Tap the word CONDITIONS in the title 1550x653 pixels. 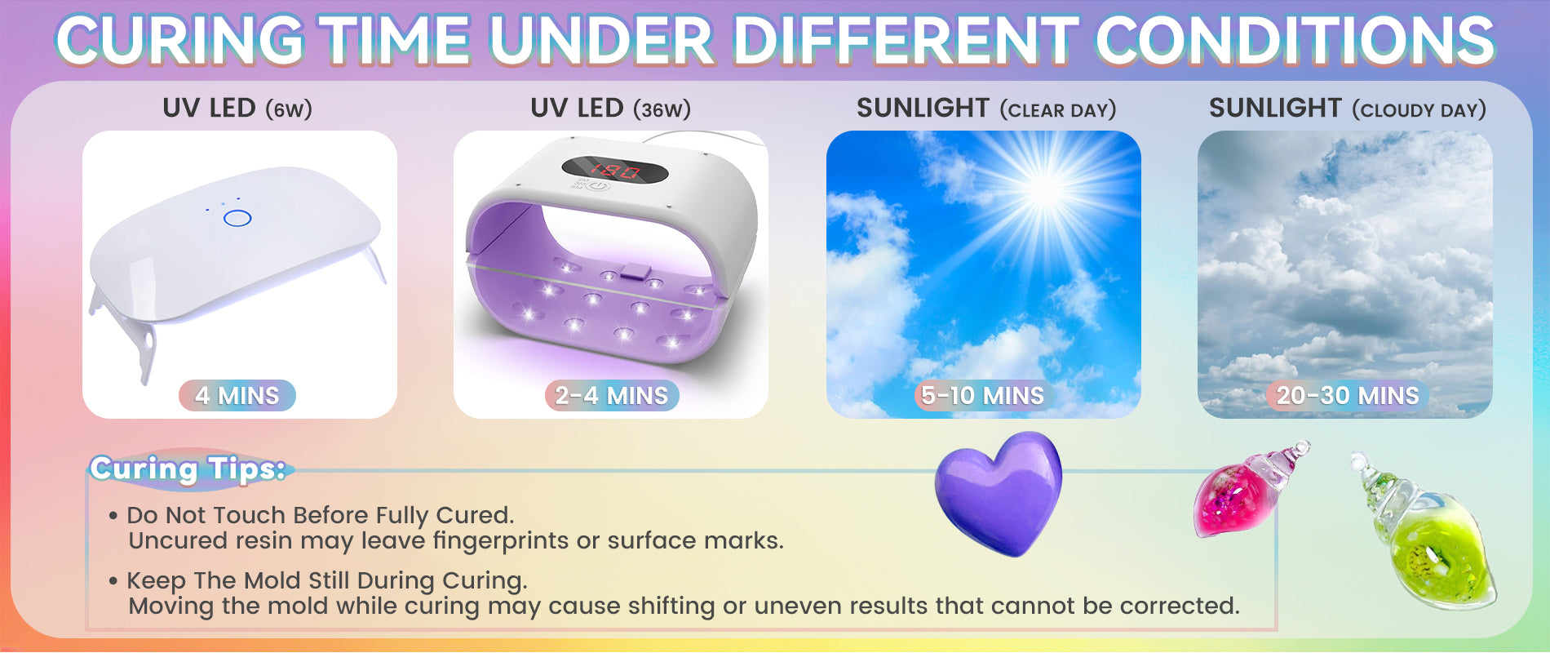click(1295, 41)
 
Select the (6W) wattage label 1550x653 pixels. click(288, 109)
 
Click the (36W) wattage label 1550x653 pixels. click(662, 109)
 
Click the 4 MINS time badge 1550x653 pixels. click(237, 396)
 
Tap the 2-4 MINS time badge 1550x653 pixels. click(612, 396)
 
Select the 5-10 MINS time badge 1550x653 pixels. click(982, 396)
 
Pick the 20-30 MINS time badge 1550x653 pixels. click(1348, 396)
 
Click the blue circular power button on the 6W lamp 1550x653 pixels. click(237, 218)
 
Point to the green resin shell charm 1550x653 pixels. click(1424, 531)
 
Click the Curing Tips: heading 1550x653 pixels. click(188, 469)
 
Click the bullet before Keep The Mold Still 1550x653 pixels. click(113, 581)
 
